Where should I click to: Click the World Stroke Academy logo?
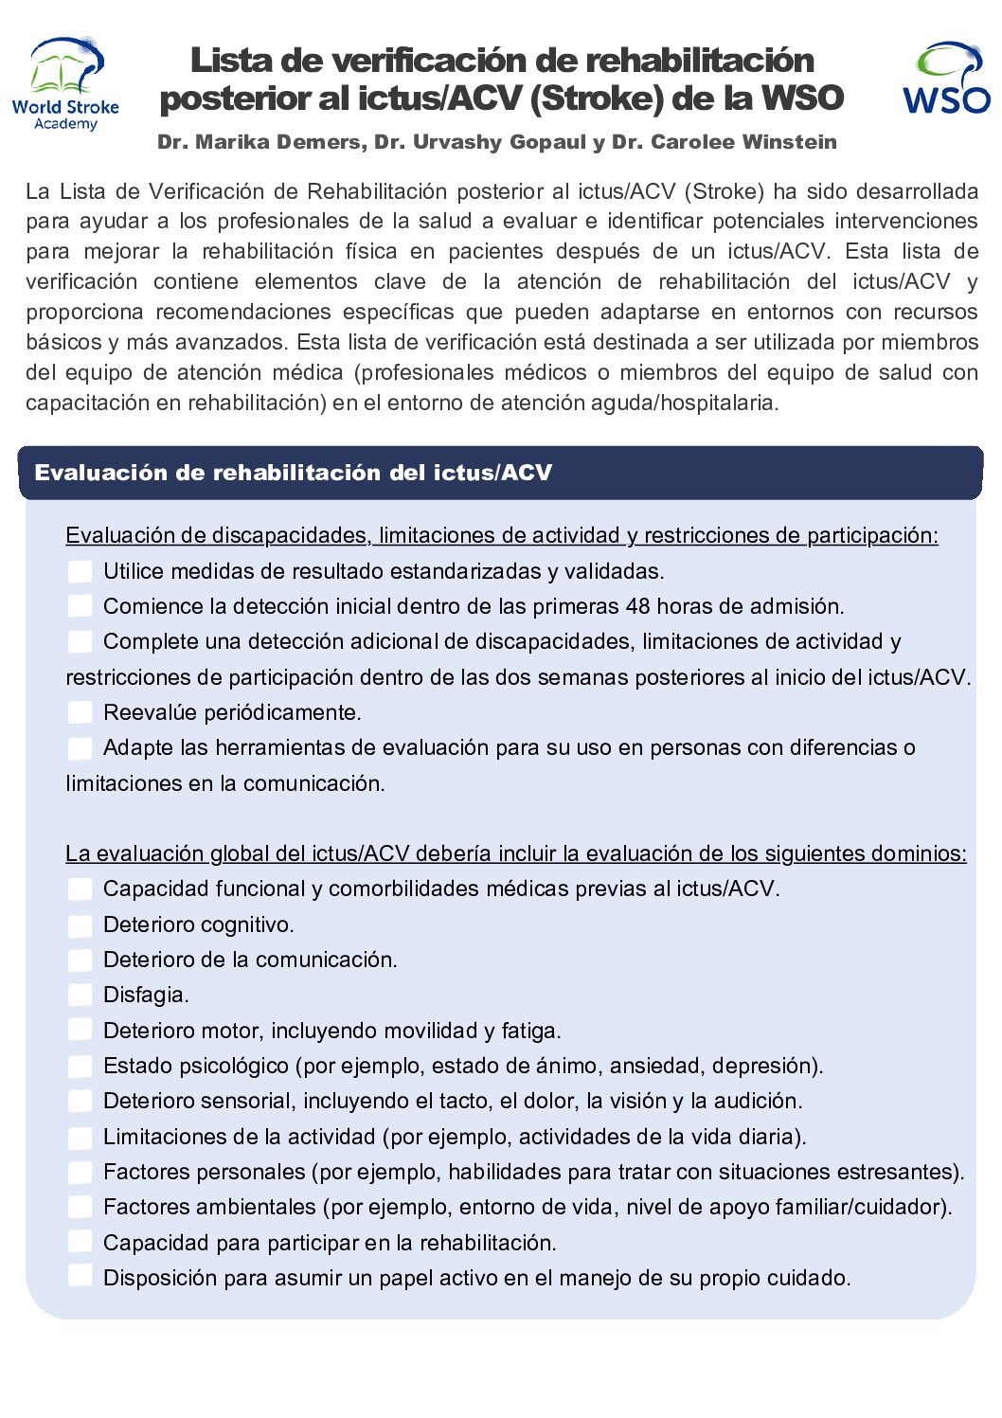coord(65,83)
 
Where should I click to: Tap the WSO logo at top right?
coord(945,79)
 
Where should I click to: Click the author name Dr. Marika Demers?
coord(259,142)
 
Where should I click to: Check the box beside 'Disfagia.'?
coord(81,995)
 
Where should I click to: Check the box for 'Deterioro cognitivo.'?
coord(81,924)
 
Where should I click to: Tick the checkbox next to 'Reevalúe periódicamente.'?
coord(81,712)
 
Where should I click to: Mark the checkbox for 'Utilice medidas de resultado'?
coord(81,571)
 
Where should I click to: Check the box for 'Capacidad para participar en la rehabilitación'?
coord(81,1243)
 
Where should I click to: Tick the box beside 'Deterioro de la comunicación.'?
coord(81,960)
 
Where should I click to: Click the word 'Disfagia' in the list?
coord(144,995)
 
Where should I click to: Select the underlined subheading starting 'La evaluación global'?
coord(515,853)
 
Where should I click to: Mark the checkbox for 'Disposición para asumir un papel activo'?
coord(81,1278)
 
